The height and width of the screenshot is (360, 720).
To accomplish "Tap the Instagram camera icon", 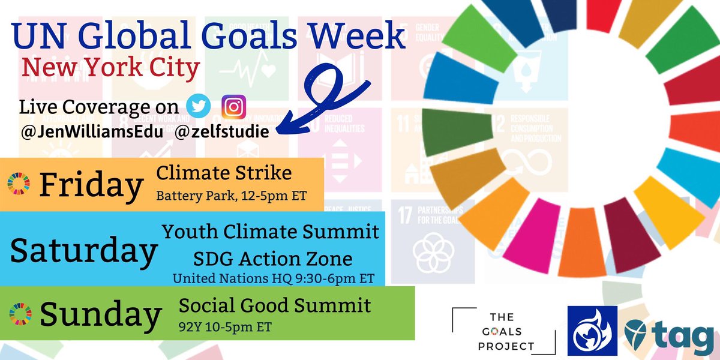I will point(233,107).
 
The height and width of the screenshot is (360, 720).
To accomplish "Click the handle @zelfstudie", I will point(223,131).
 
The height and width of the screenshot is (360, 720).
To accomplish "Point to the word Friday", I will point(91,185).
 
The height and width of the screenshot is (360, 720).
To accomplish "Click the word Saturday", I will point(83,251).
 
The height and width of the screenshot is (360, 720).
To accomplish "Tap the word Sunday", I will point(100,314).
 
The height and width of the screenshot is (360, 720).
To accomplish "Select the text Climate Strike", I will point(224,174).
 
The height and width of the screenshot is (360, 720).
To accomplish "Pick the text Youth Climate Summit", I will point(271,231).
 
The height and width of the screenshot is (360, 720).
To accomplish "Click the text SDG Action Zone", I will point(272,259).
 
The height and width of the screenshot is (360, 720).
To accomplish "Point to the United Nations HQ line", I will point(273,278).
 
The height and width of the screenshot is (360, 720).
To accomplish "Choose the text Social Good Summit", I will point(275,307).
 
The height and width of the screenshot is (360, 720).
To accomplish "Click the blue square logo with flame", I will point(593,331).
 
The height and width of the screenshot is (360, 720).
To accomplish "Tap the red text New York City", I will point(110,69).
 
